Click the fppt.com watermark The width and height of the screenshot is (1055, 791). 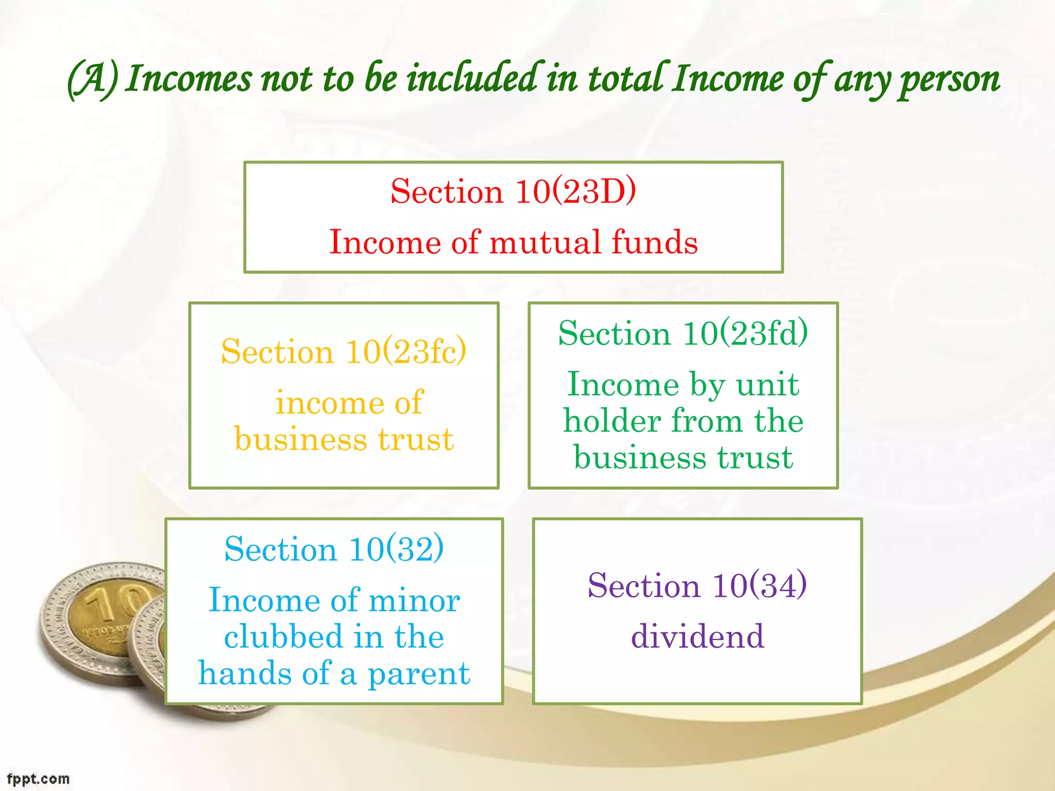pos(38,779)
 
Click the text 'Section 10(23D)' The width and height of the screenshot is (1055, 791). pos(513,192)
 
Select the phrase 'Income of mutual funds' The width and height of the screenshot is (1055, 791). pos(513,242)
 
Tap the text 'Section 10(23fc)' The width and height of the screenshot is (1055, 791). pos(344,352)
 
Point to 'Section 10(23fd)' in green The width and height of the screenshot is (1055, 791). pos(683,333)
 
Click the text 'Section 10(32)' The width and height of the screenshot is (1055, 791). pos(334,548)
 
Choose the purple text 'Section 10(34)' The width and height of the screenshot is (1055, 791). pos(697,586)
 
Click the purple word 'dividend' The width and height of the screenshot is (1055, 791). pos(697,636)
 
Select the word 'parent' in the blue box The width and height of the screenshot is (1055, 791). pos(418,674)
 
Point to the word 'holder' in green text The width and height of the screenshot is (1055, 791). pos(611,421)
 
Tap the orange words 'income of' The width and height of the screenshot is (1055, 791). pos(349,402)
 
